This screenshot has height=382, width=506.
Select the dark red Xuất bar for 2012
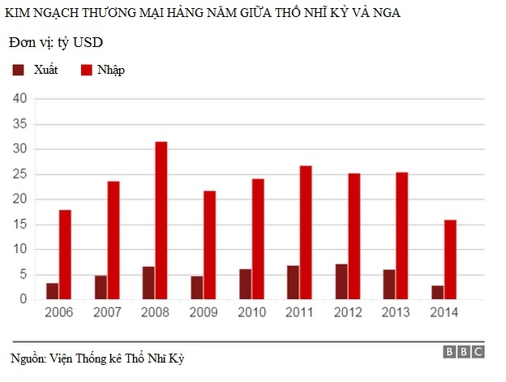(x=341, y=281)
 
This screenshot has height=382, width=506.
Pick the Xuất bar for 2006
(x=52, y=291)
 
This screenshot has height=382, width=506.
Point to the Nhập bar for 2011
(x=306, y=233)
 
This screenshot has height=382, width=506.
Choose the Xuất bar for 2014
(x=437, y=292)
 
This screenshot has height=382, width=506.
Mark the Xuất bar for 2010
(x=246, y=284)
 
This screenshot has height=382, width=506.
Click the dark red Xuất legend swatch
(x=19, y=71)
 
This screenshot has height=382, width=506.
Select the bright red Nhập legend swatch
(x=85, y=71)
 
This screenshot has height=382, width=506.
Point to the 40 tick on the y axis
(x=19, y=99)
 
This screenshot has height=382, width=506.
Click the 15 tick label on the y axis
(x=20, y=225)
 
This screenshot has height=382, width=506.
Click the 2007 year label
(x=107, y=312)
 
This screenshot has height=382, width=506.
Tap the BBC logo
(x=464, y=351)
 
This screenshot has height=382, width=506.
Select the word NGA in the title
(x=384, y=14)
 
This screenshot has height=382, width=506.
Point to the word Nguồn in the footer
(x=27, y=358)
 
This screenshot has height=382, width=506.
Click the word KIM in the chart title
(x=16, y=14)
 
